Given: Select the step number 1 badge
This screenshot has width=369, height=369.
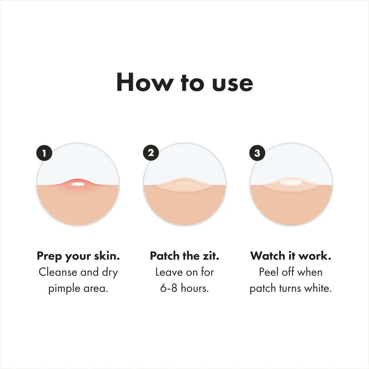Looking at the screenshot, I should pos(44,153).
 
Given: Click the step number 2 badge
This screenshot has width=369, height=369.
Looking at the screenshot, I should pos(151,153).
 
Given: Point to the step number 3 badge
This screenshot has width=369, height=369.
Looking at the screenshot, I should pos(257,153).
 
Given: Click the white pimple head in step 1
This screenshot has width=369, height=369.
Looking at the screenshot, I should pos(78,184).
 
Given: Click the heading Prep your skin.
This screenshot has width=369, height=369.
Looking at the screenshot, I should pos(78,256).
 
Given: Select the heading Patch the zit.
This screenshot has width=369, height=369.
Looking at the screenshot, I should pos(184,256).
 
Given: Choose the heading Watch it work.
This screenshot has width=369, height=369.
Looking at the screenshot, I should pos(291,256).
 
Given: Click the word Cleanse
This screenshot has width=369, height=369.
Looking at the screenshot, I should pos(58,272).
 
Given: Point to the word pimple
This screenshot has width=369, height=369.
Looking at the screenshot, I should pos(64,289).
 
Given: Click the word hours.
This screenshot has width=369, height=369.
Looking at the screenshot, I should pos(195,288).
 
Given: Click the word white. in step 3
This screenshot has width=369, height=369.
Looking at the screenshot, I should pos(318,288).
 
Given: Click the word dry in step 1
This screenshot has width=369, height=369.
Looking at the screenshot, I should pos(109,273).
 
